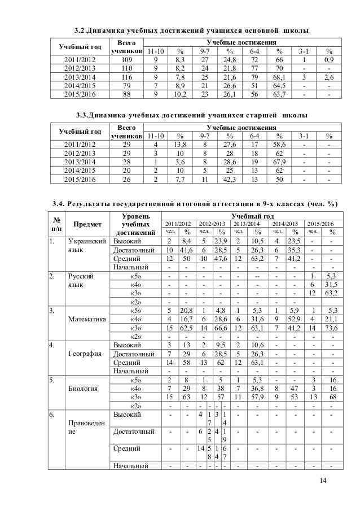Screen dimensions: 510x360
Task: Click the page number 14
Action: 322,480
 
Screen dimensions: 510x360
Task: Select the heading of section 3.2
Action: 193,29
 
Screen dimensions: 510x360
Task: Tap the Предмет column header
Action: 86,226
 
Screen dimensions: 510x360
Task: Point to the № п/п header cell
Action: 55,226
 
